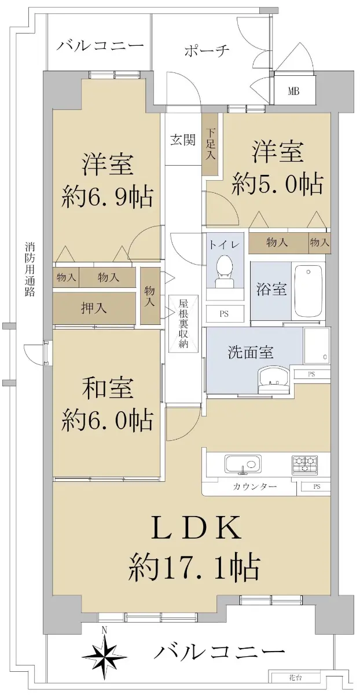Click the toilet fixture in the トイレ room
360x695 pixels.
click(x=225, y=272)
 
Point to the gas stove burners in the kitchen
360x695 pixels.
click(x=304, y=465)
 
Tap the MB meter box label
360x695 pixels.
click(x=293, y=92)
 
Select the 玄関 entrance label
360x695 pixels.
click(x=183, y=140)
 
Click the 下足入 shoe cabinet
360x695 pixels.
click(x=211, y=144)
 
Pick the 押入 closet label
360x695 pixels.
click(x=94, y=308)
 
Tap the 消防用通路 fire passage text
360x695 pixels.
click(x=30, y=270)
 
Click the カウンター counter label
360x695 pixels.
click(x=255, y=487)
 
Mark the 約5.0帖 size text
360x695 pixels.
click(x=277, y=184)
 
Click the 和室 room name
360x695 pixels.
click(x=108, y=388)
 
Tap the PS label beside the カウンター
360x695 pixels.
click(x=316, y=487)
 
